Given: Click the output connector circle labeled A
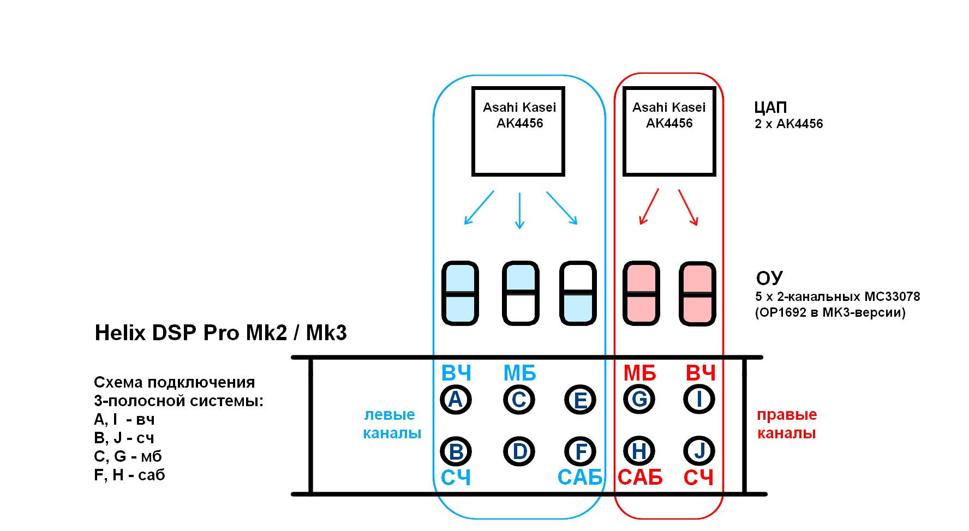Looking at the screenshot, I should click(x=456, y=400).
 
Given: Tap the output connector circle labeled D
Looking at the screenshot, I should click(x=519, y=451).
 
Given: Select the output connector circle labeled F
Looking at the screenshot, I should click(x=580, y=451).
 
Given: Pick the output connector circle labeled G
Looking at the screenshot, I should click(x=639, y=400).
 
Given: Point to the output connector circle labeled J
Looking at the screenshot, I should click(x=699, y=451).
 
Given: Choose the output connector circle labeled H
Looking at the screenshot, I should click(x=639, y=451).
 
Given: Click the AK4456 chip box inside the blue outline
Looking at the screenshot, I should click(x=518, y=131).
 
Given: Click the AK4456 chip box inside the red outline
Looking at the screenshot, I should click(x=669, y=131).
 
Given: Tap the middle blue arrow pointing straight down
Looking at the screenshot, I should click(x=519, y=210).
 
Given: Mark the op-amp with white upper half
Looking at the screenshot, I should click(x=578, y=293).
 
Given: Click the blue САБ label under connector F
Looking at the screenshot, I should click(x=580, y=478).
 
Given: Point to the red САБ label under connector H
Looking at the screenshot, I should click(x=640, y=478).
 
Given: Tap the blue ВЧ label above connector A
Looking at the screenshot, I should click(x=456, y=374).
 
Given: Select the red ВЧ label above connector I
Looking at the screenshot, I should click(x=700, y=374).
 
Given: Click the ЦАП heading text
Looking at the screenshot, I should click(x=770, y=107).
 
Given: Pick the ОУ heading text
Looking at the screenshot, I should click(x=770, y=279).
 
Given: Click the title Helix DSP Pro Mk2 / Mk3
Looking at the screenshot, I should click(x=220, y=333).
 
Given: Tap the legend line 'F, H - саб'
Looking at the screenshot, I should click(x=129, y=475).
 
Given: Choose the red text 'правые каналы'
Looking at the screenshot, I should click(x=786, y=424).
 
